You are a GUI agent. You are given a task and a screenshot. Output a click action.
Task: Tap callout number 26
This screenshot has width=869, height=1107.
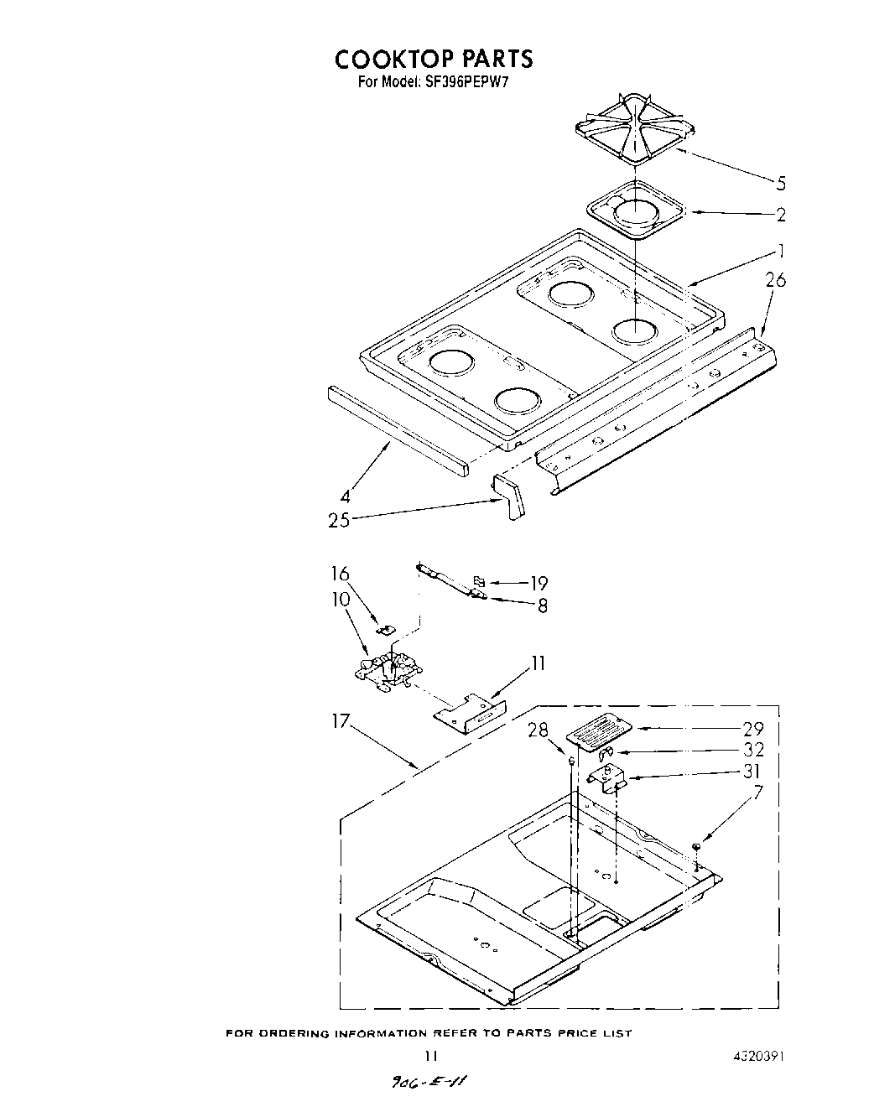point(776,281)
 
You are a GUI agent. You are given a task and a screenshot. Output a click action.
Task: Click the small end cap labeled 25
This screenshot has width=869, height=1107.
point(508,497)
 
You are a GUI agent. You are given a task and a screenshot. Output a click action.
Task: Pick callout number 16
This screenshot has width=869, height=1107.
point(340,574)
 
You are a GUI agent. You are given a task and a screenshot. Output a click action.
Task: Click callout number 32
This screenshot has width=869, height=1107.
point(753,751)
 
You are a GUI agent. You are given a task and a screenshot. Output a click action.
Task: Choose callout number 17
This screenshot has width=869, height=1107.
point(340,722)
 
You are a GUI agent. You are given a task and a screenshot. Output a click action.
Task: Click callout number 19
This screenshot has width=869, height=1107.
point(539,584)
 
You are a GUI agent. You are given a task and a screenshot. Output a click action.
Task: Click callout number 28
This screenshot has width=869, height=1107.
point(538,731)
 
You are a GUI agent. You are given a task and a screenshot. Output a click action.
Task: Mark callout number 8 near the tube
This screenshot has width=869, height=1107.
point(543,605)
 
